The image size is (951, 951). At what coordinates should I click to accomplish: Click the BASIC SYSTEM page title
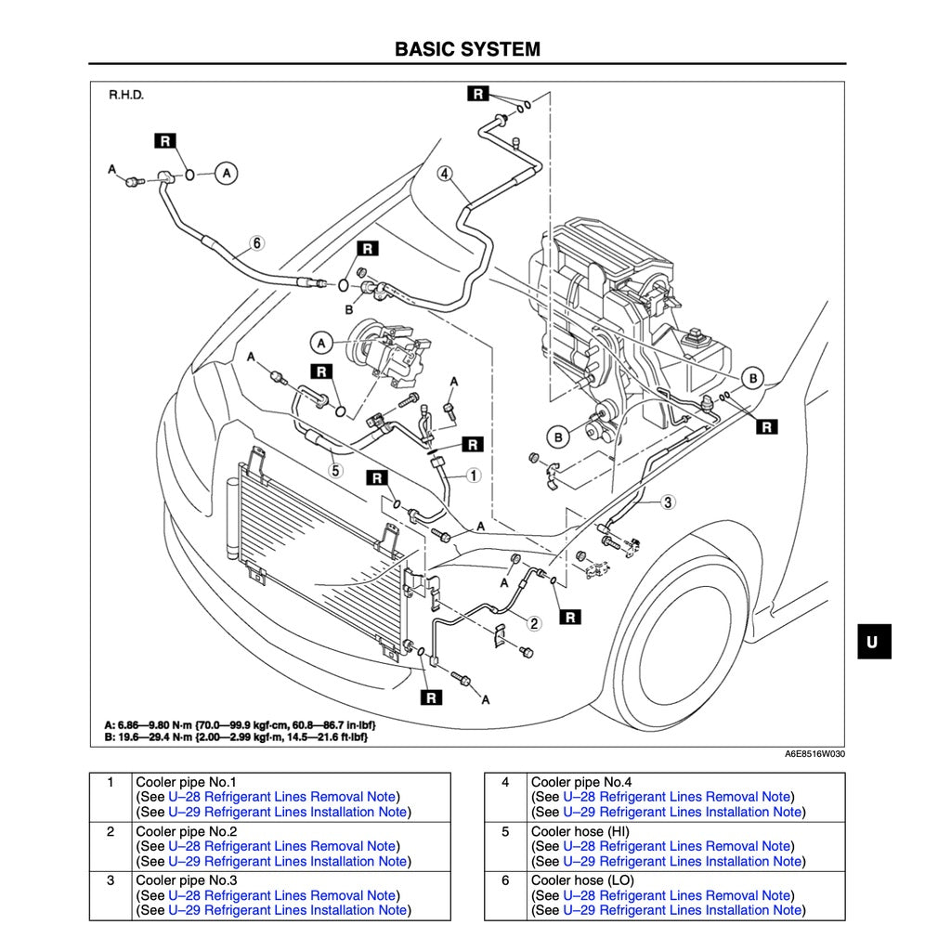point(467,48)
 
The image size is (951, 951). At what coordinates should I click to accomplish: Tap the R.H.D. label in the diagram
point(126,96)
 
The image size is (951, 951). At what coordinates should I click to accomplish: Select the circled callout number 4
point(446,173)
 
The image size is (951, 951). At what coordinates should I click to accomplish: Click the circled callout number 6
point(256,243)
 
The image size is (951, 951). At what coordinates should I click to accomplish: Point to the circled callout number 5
point(336,470)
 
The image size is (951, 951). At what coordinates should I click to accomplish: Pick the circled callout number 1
point(473,475)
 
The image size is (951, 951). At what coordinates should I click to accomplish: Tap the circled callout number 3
point(667,502)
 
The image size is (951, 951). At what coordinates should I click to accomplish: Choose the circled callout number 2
point(535,622)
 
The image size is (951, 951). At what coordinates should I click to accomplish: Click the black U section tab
point(873,642)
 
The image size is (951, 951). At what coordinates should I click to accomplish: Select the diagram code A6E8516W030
point(814,754)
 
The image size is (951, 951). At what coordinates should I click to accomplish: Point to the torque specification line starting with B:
point(238,736)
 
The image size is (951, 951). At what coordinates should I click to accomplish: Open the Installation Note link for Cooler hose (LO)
point(682,910)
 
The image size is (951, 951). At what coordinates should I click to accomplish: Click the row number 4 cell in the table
point(505,782)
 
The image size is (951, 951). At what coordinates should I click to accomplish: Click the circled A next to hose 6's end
point(227,172)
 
